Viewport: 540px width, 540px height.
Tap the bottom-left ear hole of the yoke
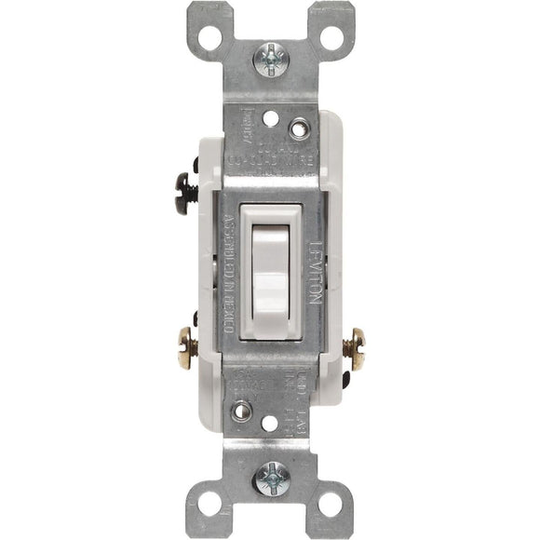point(211,504)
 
